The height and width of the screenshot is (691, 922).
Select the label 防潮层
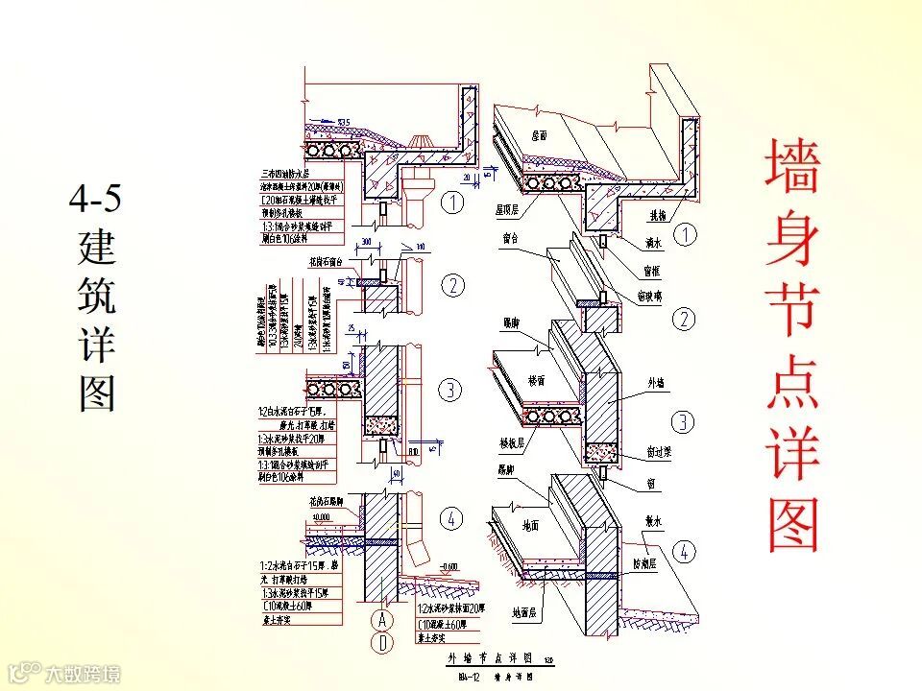(658, 563)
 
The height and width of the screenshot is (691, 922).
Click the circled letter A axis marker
(382, 618)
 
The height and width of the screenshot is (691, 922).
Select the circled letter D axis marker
(382, 643)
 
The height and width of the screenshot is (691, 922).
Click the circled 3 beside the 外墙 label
(683, 421)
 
